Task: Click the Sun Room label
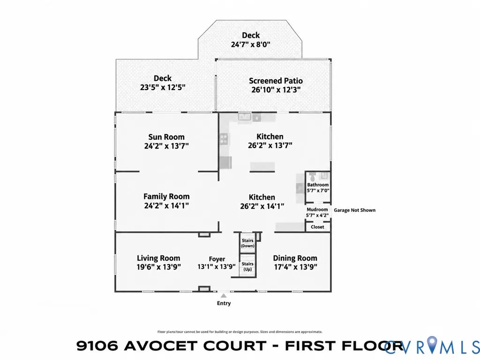(166, 137)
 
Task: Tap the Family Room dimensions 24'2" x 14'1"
(166, 205)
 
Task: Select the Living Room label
(158, 258)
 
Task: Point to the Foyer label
(217, 259)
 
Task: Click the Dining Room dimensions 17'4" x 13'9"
(295, 267)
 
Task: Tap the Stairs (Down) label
(247, 243)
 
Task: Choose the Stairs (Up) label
(247, 266)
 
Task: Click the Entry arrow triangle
(224, 295)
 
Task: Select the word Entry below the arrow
(224, 303)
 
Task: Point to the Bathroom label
(318, 185)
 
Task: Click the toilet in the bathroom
(312, 176)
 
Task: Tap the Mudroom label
(317, 210)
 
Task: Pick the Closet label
(317, 227)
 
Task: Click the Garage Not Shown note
(354, 210)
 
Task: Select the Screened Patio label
(276, 81)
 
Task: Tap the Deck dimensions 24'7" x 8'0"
(251, 45)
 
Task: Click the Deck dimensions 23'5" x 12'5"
(163, 87)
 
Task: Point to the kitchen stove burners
(224, 139)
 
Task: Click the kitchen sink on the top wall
(245, 117)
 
